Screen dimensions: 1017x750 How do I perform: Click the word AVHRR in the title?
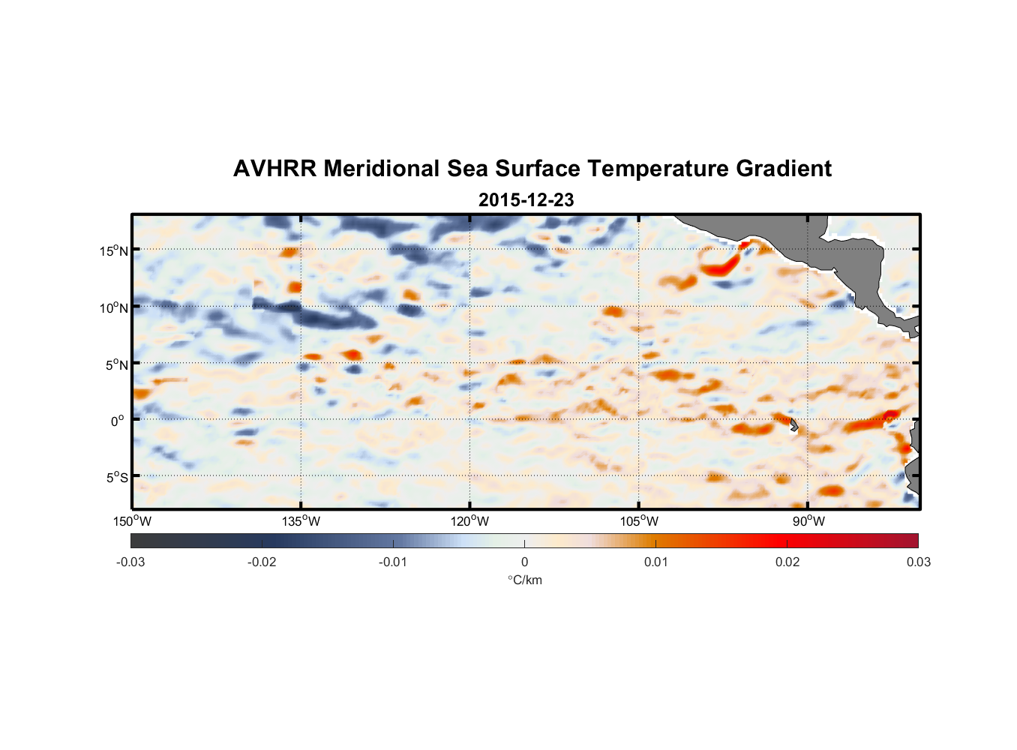[274, 169]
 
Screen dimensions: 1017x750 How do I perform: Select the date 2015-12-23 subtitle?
[526, 199]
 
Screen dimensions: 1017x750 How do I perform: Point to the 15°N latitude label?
[114, 250]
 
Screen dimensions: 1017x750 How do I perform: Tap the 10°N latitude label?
[114, 307]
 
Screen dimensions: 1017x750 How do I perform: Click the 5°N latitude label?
[117, 364]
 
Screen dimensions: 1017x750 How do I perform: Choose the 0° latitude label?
[117, 421]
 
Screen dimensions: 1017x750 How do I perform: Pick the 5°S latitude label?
[117, 477]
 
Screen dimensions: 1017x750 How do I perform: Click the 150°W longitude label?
[132, 521]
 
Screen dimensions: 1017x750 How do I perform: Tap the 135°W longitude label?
[301, 521]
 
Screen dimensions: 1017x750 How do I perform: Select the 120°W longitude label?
[470, 521]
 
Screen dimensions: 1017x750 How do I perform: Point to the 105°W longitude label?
[639, 521]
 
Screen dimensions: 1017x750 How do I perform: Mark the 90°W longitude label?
[808, 521]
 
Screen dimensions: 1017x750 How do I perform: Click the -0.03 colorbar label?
[130, 562]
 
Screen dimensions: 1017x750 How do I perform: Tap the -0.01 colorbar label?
[393, 562]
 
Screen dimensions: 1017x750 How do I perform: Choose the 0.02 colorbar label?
[787, 562]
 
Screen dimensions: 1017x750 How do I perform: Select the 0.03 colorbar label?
[919, 562]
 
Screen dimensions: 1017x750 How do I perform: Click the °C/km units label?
[525, 580]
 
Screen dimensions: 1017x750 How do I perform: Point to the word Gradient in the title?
[784, 169]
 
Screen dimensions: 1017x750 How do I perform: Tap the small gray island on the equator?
[793, 425]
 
